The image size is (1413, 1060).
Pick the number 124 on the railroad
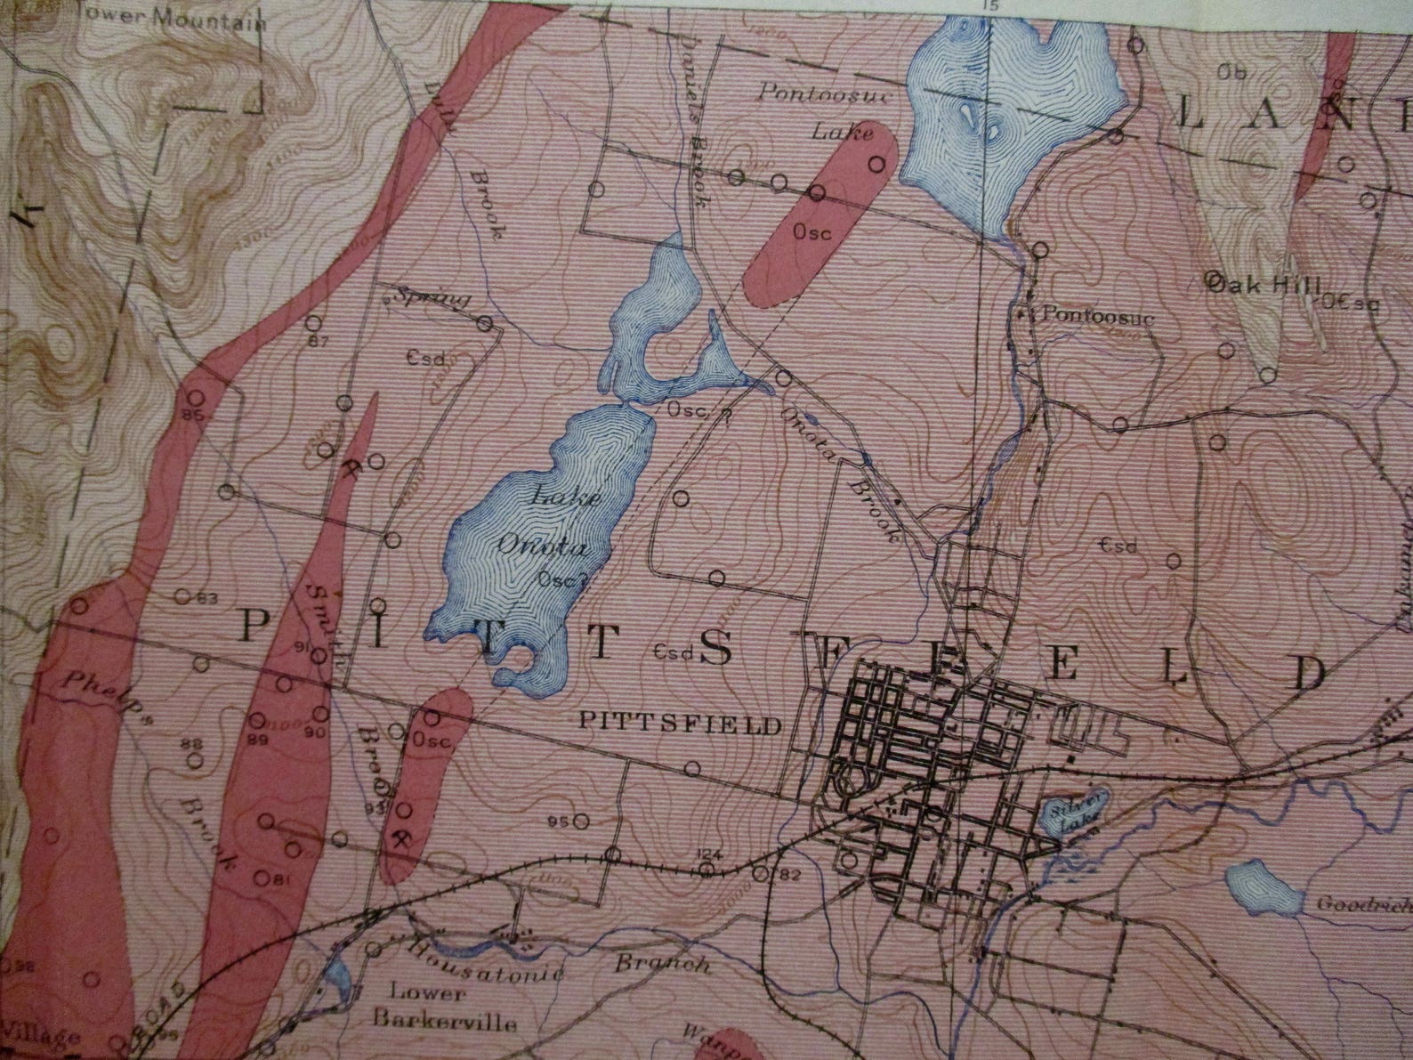coord(708,855)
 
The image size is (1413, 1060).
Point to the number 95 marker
coord(561,821)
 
